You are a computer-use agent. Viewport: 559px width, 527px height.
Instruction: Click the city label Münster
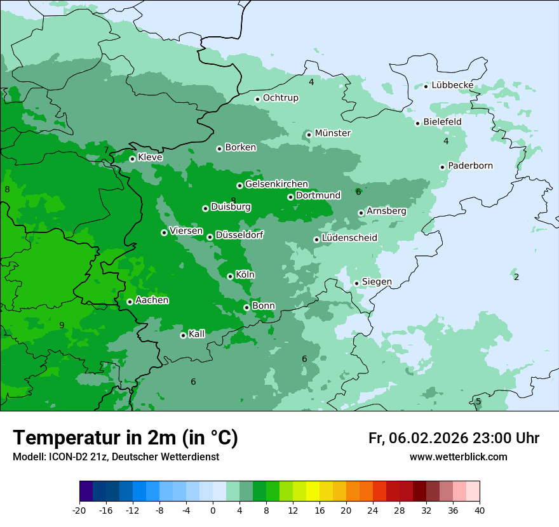[332, 133]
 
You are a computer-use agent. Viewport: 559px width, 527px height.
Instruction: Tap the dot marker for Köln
[230, 276]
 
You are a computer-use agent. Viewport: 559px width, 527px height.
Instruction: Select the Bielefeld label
[442, 122]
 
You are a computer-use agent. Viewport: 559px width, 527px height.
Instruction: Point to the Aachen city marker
[130, 302]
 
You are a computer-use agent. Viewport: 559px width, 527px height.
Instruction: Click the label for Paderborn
[470, 166]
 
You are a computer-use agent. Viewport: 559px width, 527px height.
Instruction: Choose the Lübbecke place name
[452, 85]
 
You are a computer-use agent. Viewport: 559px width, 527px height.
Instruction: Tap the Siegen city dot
[356, 283]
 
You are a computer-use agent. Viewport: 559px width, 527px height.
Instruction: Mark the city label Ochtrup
[280, 98]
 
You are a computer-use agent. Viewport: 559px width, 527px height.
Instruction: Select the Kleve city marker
[132, 159]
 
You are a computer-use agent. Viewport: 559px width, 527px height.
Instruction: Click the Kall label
[197, 334]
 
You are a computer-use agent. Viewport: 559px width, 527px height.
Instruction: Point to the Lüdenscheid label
[349, 238]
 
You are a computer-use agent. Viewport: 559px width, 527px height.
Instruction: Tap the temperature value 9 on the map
[62, 326]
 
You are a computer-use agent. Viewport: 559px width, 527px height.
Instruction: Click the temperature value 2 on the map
[516, 277]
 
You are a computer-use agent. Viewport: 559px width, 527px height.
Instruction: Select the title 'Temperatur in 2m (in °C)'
[125, 438]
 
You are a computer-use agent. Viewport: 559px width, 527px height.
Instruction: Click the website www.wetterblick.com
[458, 457]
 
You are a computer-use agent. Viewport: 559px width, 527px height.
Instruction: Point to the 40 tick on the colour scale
[480, 510]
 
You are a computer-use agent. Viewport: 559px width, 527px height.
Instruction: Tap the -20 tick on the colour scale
[79, 510]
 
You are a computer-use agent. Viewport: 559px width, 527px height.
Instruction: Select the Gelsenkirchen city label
[276, 184]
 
